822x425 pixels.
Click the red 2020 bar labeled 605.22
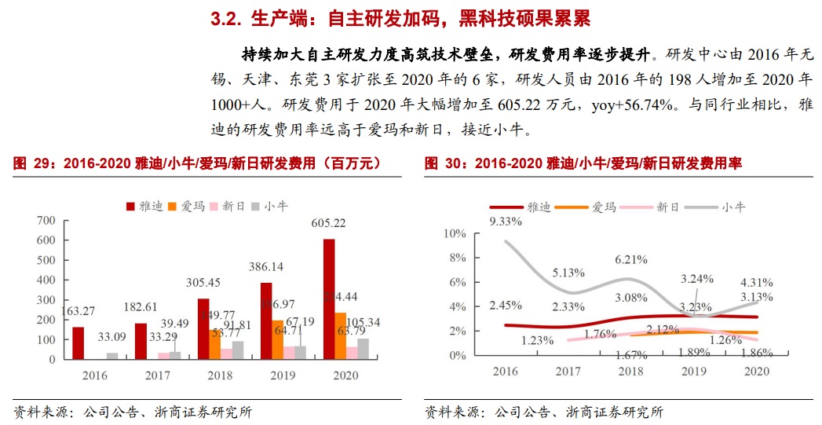(x=329, y=299)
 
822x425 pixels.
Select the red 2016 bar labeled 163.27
(x=78, y=343)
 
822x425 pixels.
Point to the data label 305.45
(x=203, y=283)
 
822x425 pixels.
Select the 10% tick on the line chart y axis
(x=455, y=234)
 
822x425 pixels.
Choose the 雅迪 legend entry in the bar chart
(x=144, y=206)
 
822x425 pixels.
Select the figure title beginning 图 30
(x=583, y=163)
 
